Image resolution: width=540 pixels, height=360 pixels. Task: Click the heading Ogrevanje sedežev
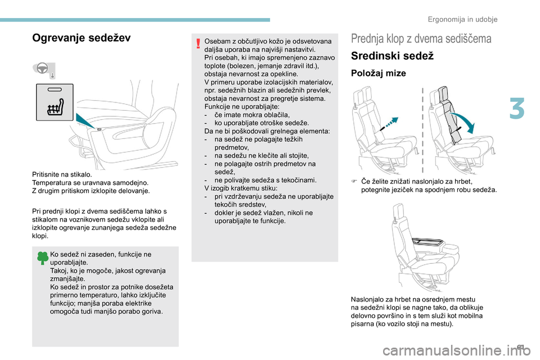point(82,38)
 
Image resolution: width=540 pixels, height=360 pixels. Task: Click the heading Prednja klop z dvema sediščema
point(421,39)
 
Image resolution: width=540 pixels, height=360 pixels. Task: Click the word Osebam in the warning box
point(217,42)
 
